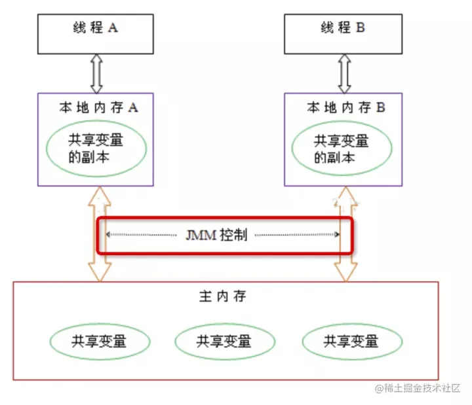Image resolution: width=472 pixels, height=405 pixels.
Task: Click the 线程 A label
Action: coord(96,27)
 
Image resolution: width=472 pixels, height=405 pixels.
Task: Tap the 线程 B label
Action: coord(343,27)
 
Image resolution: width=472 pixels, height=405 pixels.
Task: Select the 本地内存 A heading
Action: coord(99,107)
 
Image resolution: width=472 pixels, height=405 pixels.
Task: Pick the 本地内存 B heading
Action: coord(346,107)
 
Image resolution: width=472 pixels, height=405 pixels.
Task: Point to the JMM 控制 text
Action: coord(216,235)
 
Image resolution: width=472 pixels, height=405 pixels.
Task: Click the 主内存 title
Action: coord(222,296)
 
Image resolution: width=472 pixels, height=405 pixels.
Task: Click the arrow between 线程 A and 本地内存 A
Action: coord(96,74)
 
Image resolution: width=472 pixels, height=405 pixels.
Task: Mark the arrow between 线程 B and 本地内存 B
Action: coord(345,74)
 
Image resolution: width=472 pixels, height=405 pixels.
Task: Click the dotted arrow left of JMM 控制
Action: coord(142,235)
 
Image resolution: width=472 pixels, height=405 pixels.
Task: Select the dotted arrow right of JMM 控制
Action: coord(298,235)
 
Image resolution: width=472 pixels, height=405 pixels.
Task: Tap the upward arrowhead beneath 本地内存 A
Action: coord(100,196)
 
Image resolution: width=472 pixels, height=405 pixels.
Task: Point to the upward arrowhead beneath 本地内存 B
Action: coord(346,196)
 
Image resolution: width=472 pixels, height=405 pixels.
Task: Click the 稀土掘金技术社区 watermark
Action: coord(418,388)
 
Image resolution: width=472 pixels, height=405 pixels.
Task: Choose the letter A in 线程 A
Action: coord(113,27)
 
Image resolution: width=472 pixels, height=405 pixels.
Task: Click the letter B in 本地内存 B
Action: coord(381,107)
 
